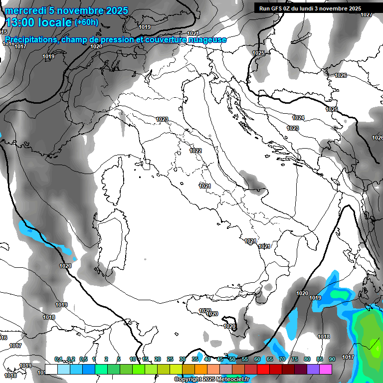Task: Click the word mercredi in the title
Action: pos(25,10)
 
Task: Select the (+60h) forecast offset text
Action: pos(86,22)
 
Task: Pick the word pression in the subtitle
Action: pos(116,39)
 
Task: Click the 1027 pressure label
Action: pos(367,14)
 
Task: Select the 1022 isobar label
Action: pos(195,151)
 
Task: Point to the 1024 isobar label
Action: pos(298,118)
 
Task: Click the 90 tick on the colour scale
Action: pos(332,359)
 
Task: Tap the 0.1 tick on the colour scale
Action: pos(58,359)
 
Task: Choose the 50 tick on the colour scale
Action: pos(232,359)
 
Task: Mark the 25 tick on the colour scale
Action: pos(170,359)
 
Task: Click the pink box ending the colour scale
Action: pos(326,369)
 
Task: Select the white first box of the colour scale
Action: pos(51,369)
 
